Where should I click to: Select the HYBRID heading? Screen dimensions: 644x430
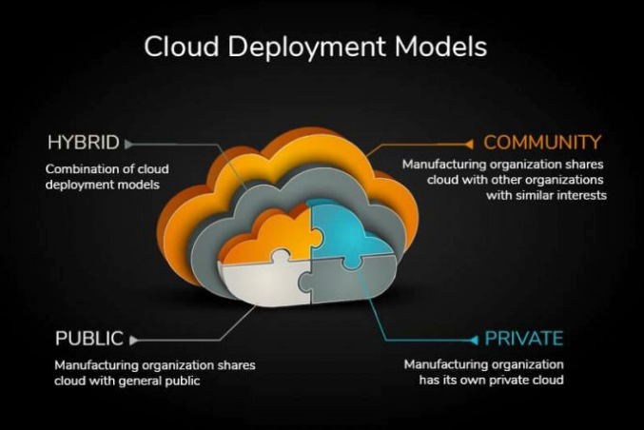(83, 144)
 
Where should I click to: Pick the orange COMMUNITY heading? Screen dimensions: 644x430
(542, 143)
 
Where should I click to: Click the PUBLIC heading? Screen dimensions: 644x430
(88, 339)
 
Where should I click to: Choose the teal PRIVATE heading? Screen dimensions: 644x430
(524, 339)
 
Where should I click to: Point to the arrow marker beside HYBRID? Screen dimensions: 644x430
(128, 145)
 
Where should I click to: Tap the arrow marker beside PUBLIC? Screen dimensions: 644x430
(133, 340)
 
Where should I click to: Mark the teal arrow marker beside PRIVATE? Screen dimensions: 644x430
(473, 340)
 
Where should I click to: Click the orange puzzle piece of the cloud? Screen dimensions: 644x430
(266, 240)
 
